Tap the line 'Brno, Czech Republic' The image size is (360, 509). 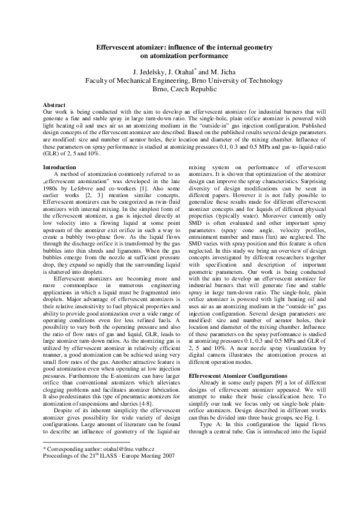pyautogui.click(x=180, y=88)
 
